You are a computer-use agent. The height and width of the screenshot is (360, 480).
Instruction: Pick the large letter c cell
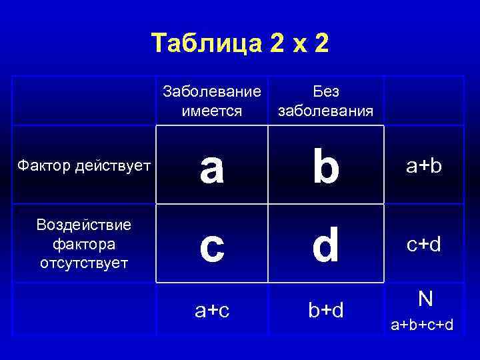[212, 245]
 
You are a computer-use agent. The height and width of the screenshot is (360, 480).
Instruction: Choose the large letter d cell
[326, 245]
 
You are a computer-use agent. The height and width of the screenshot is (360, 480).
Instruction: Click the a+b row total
[425, 167]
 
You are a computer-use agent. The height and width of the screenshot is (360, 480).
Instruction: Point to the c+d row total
[425, 245]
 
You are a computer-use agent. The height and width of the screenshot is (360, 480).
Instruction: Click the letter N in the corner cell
[425, 299]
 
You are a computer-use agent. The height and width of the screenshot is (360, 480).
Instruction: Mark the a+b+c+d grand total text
[423, 325]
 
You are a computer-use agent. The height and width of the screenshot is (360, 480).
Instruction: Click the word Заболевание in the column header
[212, 92]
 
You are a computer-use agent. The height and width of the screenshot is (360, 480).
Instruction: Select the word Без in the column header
[326, 92]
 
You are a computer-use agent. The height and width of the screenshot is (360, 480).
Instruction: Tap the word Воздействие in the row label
[83, 224]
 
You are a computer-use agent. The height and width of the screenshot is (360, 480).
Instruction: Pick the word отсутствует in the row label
[83, 263]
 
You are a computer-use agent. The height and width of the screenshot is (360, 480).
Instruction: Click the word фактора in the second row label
[83, 243]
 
